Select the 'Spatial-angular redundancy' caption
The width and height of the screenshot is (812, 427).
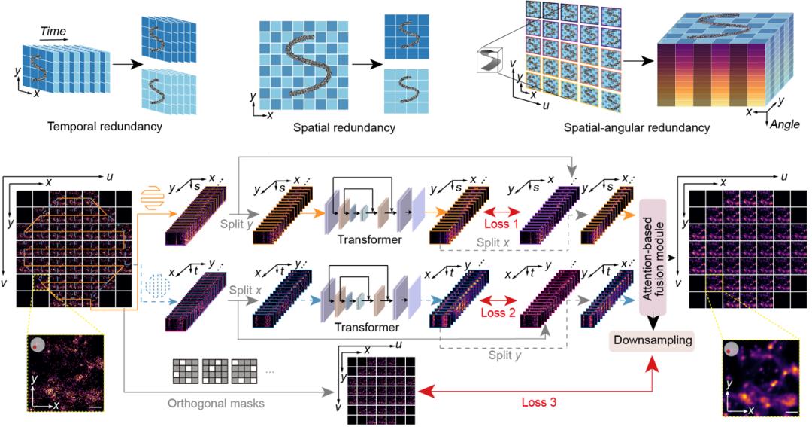coord(636,128)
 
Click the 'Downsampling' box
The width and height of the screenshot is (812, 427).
coord(651,340)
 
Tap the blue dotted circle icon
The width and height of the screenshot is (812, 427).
coord(156,288)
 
